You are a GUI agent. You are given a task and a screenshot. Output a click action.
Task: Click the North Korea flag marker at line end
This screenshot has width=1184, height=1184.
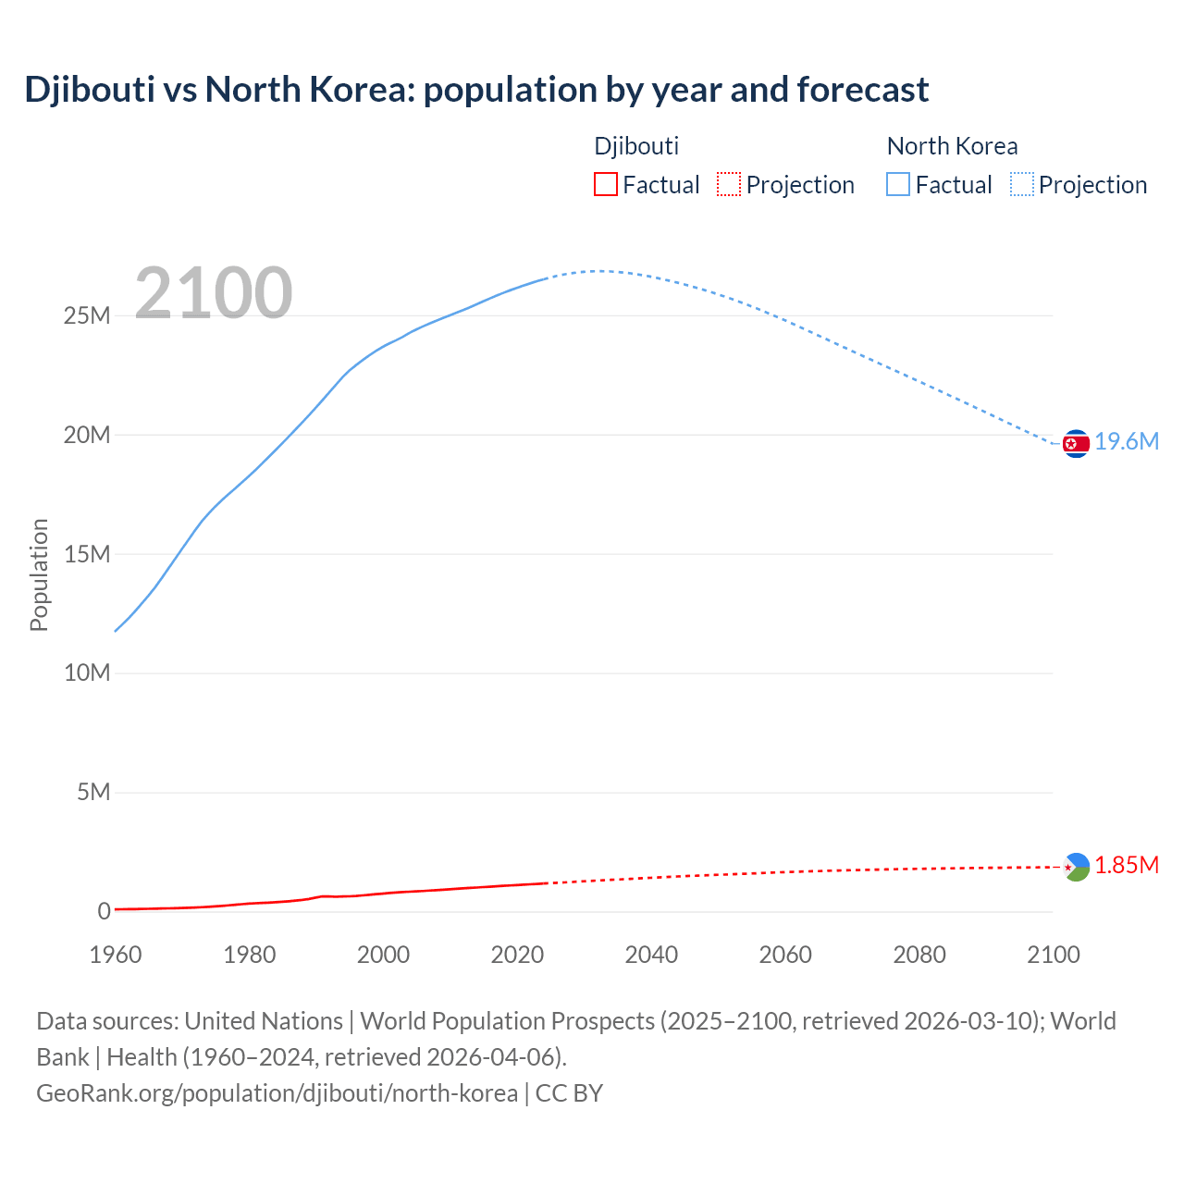pyautogui.click(x=1076, y=444)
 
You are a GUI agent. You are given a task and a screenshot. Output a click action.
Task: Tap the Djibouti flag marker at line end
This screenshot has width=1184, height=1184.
pyautogui.click(x=1076, y=867)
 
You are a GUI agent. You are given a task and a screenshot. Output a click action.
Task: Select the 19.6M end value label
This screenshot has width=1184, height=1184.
pyautogui.click(x=1127, y=442)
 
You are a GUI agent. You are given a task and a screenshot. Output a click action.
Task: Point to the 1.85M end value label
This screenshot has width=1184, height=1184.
pyautogui.click(x=1127, y=866)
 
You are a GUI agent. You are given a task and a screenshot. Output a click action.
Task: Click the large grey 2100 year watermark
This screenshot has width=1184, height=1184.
pyautogui.click(x=214, y=293)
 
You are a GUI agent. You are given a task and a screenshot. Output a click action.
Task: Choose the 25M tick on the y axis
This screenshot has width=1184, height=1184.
pyautogui.click(x=87, y=316)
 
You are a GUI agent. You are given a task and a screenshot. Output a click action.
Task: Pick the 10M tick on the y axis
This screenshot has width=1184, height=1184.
pyautogui.click(x=87, y=673)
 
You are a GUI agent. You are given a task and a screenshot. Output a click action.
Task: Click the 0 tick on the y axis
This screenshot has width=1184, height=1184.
pyautogui.click(x=104, y=912)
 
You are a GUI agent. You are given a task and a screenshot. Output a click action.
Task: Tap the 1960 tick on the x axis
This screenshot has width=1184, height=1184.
pyautogui.click(x=116, y=955)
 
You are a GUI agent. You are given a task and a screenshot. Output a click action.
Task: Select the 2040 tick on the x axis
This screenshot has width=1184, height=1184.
pyautogui.click(x=651, y=955)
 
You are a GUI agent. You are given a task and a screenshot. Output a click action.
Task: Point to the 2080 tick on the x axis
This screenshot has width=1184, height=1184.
pyautogui.click(x=919, y=955)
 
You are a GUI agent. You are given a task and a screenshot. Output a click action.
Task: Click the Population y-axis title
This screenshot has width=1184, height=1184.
pyautogui.click(x=39, y=574)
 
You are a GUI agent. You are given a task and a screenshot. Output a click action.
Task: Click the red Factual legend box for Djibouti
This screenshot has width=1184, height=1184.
pyautogui.click(x=606, y=185)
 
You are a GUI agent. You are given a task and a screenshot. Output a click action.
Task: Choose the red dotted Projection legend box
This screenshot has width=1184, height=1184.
pyautogui.click(x=729, y=185)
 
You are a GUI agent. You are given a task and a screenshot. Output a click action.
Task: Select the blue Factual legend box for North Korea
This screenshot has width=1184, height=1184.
pyautogui.click(x=898, y=185)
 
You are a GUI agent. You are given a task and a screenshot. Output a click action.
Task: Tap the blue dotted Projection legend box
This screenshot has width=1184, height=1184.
pyautogui.click(x=1022, y=185)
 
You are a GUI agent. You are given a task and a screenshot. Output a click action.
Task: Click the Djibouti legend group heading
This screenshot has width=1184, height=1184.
pyautogui.click(x=636, y=146)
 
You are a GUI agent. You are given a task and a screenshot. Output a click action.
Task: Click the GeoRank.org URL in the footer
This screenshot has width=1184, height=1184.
pyautogui.click(x=277, y=1093)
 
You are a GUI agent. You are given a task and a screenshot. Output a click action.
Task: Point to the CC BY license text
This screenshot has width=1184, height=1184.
pyautogui.click(x=569, y=1093)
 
